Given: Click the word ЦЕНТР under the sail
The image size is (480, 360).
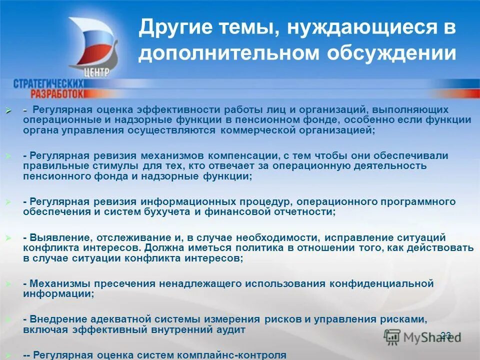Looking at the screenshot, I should [x=96, y=72].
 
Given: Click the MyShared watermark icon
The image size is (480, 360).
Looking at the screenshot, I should [x=392, y=336].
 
